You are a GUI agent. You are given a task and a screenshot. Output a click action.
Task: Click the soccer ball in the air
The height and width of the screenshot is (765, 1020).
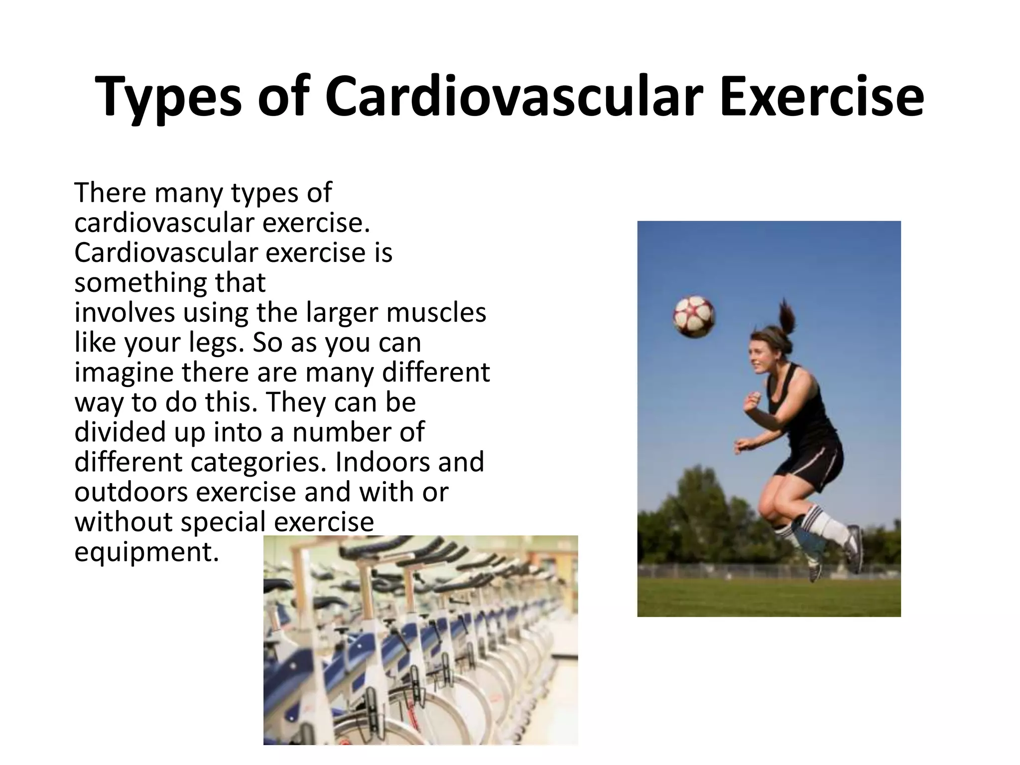click(x=694, y=317)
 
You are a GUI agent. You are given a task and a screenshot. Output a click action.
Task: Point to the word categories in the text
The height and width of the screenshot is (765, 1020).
click(x=258, y=462)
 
